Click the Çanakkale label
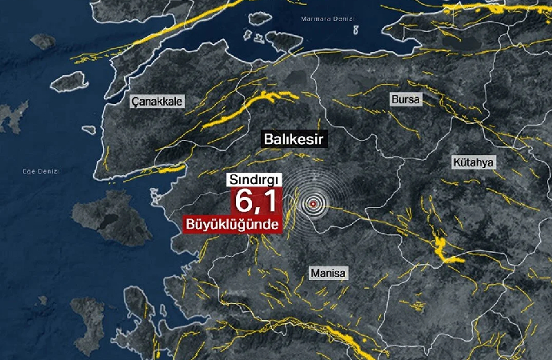pos(158,102)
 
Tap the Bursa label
pos(405,99)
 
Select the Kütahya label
pos(474,162)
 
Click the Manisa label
pos(328,273)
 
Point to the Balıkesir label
pos(293,139)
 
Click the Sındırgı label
pos(254,179)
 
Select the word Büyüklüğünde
pos(233,225)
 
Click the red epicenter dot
pos(313,203)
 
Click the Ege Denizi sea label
pos(42,171)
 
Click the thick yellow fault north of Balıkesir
pos(248,107)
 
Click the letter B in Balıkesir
pos(268,139)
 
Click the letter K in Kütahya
pos(457,162)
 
